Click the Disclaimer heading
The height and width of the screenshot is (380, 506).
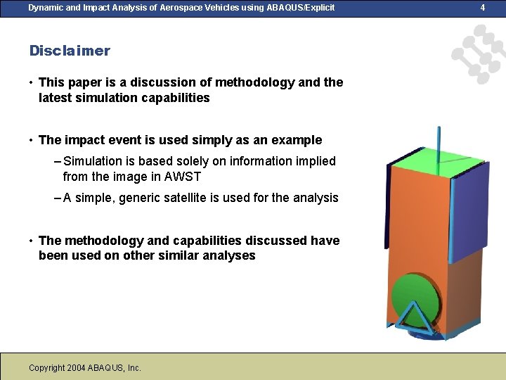(70, 51)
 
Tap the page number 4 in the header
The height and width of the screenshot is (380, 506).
(482, 8)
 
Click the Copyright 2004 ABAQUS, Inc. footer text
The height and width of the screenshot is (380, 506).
(85, 367)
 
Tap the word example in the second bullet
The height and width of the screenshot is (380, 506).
(297, 139)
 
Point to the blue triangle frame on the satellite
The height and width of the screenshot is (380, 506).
(416, 314)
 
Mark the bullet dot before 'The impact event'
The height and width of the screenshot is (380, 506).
(32, 140)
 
